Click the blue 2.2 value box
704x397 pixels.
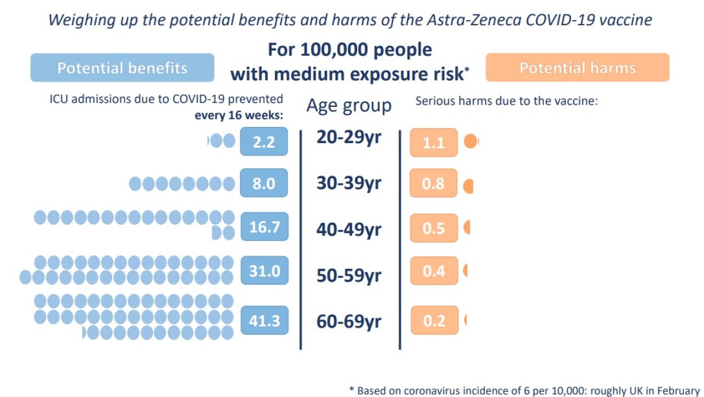(264, 142)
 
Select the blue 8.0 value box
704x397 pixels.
(264, 184)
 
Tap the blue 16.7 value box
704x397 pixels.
(264, 227)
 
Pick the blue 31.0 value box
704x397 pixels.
(264, 271)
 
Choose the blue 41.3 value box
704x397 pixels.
(264, 321)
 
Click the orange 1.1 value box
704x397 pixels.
(434, 142)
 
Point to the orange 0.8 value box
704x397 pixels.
(434, 184)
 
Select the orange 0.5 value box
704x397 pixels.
(434, 228)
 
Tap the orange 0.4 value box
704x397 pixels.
(434, 271)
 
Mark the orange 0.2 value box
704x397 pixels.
(434, 321)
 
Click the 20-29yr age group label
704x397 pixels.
(349, 138)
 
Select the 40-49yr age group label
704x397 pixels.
(349, 230)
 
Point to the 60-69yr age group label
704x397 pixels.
(349, 321)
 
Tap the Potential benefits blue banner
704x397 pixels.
(122, 68)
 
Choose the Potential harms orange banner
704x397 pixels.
(577, 68)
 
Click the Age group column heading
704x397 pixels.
(349, 106)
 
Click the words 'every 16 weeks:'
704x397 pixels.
(239, 114)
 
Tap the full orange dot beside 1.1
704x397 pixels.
(470, 141)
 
